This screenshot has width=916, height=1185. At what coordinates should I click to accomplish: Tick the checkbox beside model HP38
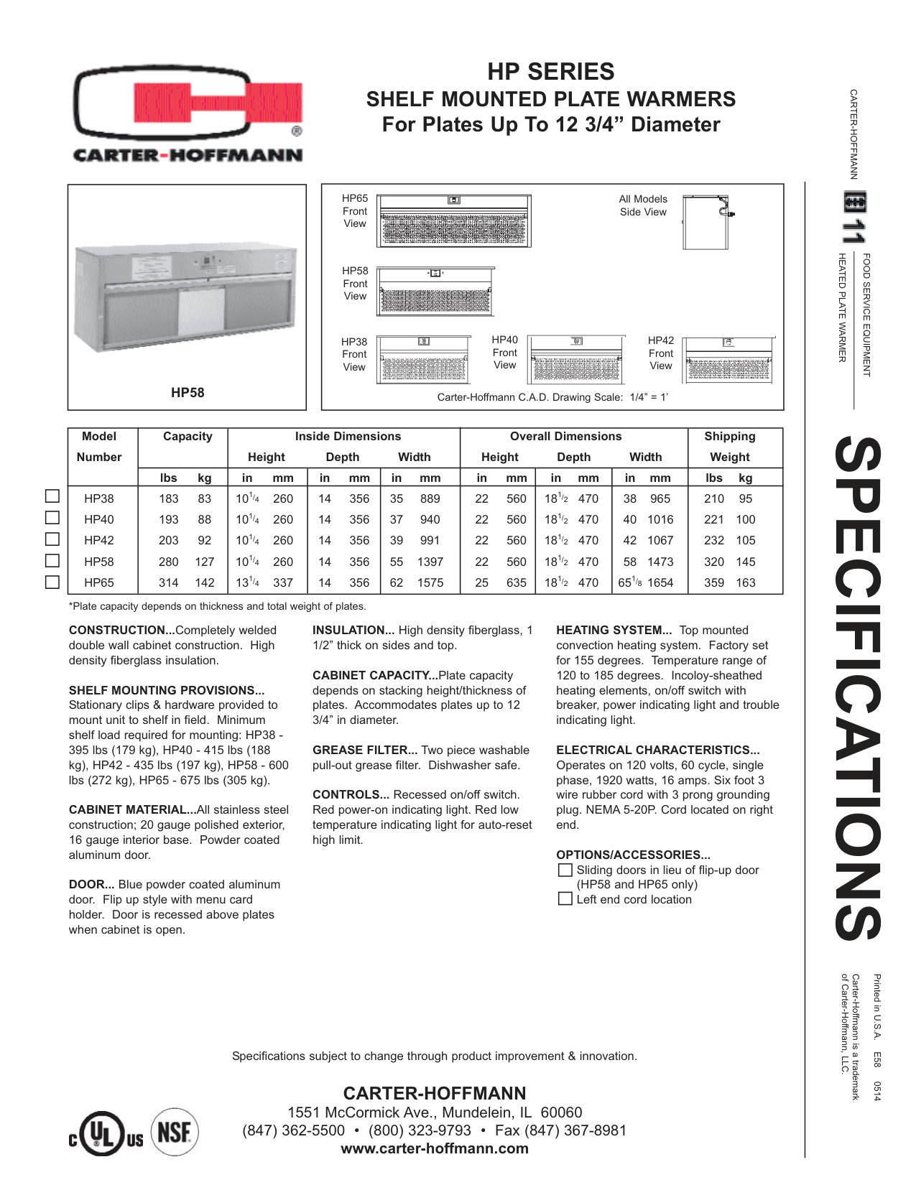pos(52,496)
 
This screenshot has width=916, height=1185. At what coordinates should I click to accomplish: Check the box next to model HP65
pos(52,582)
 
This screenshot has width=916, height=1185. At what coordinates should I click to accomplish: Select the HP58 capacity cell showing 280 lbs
pos(169,562)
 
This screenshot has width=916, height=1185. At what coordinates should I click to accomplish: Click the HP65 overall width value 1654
pos(660,582)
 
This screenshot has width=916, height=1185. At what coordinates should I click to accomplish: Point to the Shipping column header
pos(729,436)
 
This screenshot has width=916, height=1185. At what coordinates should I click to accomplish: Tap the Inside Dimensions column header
pos(348,436)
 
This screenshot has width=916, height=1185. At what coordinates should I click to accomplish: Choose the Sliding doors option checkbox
pos(565,870)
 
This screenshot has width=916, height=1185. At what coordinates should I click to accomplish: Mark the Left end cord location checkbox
pos(565,899)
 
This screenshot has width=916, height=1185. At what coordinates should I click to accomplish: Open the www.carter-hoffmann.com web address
pos(435,1148)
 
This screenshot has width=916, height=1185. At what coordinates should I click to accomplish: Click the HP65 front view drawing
pos(454,220)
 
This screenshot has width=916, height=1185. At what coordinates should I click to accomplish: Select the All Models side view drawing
pos(707,222)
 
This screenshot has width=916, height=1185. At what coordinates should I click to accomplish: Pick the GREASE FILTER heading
pos(365,750)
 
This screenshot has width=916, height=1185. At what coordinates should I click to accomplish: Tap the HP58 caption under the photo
pos(188,392)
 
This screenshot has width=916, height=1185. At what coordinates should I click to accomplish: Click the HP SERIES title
pos(551,71)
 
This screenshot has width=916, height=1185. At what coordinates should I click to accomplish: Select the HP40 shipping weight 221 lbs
pos(713,519)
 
